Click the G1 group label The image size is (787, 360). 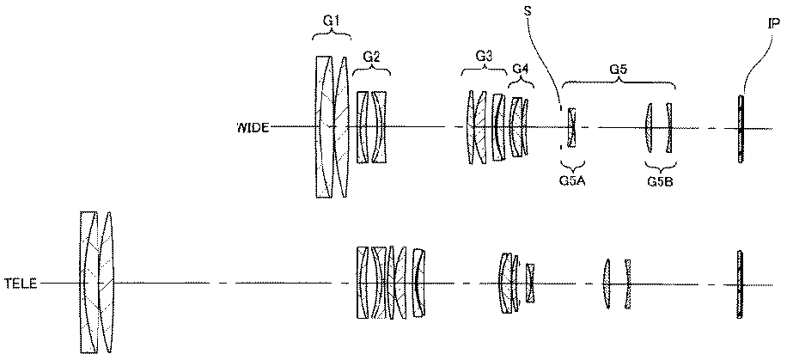[332, 21]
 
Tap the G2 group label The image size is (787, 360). [371, 58]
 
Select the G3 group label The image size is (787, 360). [483, 57]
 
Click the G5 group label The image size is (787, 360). [619, 70]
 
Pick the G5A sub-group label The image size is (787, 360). [572, 180]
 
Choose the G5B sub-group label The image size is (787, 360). [660, 180]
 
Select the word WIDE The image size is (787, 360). [253, 127]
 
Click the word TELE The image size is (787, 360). [21, 284]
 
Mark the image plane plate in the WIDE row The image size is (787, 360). [741, 129]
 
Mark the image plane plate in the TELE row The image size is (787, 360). [740, 284]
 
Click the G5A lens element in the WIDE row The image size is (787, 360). [572, 127]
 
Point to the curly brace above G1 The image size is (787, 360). [332, 35]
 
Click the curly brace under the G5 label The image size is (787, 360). [619, 82]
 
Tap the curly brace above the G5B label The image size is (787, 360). [660, 166]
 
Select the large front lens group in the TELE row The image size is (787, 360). [97, 282]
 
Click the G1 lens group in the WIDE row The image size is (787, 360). [332, 126]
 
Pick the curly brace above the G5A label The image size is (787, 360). [572, 166]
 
